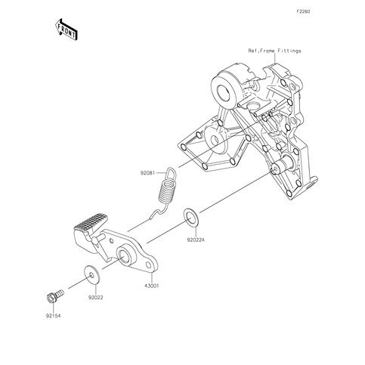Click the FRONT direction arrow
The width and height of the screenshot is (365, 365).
click(x=67, y=29)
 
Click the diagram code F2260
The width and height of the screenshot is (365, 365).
click(x=303, y=11)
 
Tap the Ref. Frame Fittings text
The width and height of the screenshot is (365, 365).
click(x=274, y=51)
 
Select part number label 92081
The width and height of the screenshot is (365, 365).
click(x=147, y=173)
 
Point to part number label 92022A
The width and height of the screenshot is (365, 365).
click(x=196, y=240)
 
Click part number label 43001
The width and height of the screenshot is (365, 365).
click(x=152, y=286)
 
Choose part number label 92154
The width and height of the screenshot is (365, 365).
click(x=54, y=316)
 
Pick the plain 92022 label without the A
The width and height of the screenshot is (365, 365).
click(x=96, y=298)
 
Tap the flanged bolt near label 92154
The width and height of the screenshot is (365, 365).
click(x=55, y=296)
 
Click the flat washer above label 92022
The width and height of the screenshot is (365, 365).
click(x=91, y=275)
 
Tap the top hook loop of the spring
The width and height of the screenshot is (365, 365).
click(x=171, y=174)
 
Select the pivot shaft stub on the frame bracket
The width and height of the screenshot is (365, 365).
click(x=281, y=165)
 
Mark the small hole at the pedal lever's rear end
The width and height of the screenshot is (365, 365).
click(x=149, y=265)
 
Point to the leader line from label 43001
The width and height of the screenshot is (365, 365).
click(x=152, y=277)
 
